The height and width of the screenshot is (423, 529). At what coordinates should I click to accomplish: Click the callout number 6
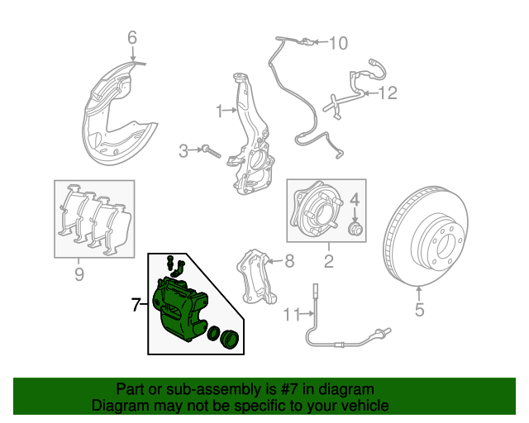pos(131,37)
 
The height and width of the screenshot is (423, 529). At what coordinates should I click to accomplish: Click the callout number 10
pos(339,43)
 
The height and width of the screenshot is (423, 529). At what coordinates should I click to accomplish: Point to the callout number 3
pos(183,150)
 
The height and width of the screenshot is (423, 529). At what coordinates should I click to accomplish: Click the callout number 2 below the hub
pos(328,263)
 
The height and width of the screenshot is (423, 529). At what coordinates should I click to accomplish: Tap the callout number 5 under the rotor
pos(418,311)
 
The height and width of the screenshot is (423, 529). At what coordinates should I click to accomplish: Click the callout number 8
pos(288,262)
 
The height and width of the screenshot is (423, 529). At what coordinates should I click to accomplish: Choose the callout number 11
pos(288,314)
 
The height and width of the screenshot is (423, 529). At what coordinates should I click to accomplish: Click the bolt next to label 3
pos(209,151)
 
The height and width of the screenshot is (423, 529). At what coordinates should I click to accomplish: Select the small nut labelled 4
pos(355,228)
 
